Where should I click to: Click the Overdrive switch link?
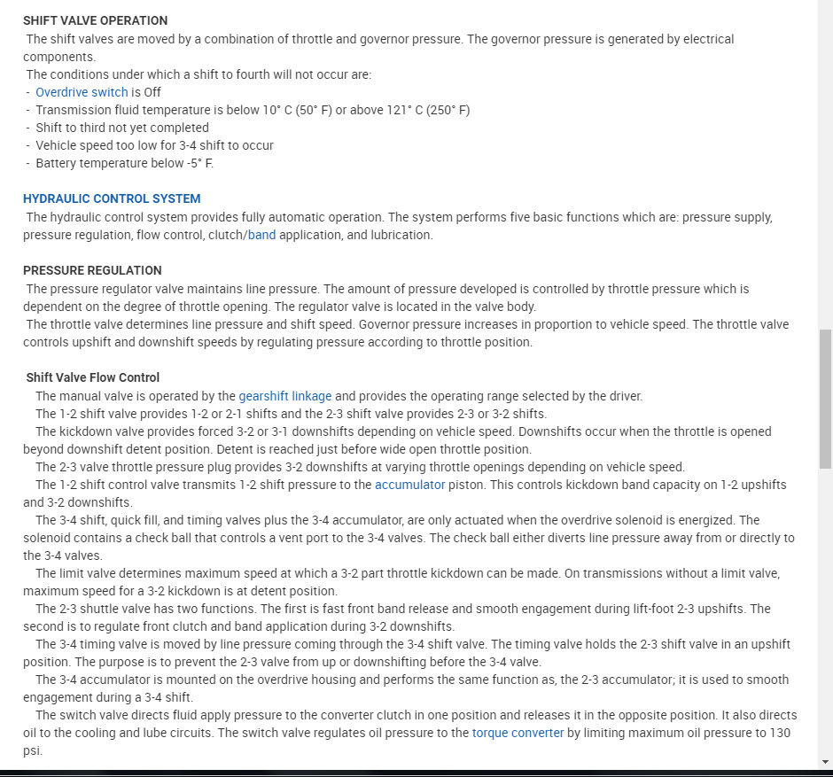(x=82, y=92)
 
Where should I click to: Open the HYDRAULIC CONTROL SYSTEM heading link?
(x=112, y=198)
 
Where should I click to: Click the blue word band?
(x=262, y=235)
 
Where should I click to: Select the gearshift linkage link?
(x=284, y=396)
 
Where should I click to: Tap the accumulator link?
(x=409, y=485)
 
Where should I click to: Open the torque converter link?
(x=518, y=733)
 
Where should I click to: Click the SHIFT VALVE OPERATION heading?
(x=95, y=20)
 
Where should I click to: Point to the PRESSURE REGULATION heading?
(x=92, y=270)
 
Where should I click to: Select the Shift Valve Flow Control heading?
(x=93, y=377)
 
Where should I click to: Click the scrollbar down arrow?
(x=825, y=761)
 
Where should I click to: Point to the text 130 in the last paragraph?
(x=780, y=733)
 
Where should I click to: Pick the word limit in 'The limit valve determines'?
(x=74, y=573)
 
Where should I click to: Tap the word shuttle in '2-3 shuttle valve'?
(x=107, y=609)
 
